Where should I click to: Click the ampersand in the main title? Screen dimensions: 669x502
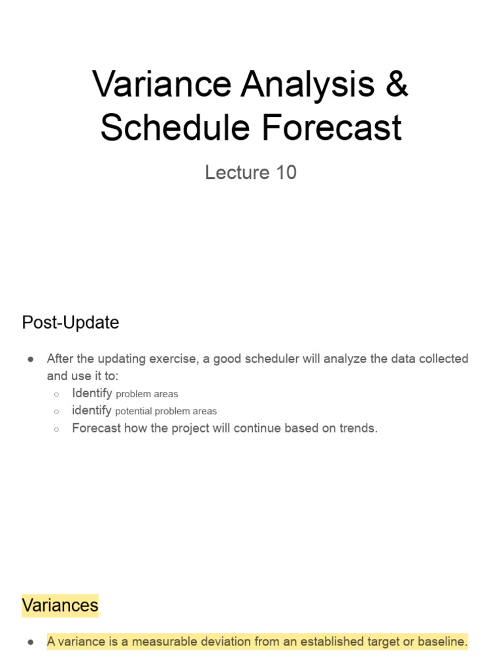pos(396,85)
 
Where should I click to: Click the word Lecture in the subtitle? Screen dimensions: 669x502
pos(232,172)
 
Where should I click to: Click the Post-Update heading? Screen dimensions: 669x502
pos(71,323)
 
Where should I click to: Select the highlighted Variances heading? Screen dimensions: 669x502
pos(60,605)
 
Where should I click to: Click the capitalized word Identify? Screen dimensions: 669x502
pos(92,393)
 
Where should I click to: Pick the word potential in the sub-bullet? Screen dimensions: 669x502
pos(133,412)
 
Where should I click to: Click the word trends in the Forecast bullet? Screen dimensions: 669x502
pos(358,429)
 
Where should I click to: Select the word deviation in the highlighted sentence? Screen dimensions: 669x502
pos(222,642)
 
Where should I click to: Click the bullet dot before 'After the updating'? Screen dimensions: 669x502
pos(31,359)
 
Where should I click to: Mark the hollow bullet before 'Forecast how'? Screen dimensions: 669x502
pos(57,429)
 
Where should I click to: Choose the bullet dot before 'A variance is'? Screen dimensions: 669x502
pos(31,642)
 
